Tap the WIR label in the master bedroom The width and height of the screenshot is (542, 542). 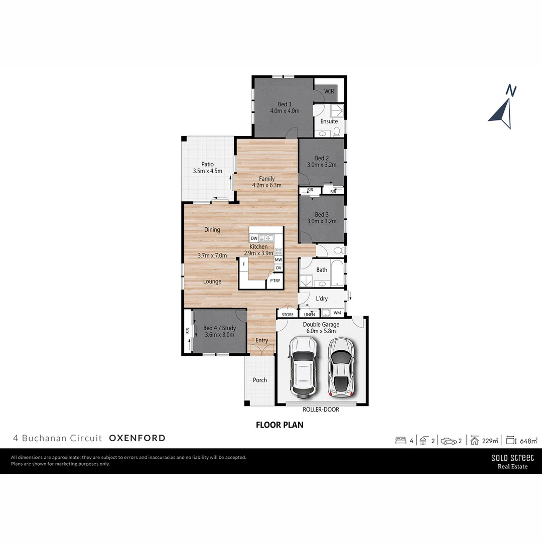329,91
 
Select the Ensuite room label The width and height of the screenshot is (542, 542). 329,121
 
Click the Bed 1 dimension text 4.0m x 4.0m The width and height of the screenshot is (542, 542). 285,111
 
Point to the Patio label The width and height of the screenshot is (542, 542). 207,164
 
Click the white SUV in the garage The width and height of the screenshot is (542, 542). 303,366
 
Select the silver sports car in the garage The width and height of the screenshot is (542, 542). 340,366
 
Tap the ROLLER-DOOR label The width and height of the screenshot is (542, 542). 321,410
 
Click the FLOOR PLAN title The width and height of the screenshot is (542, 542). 280,425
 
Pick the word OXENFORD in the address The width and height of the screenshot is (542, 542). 137,438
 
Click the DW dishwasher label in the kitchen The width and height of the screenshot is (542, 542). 254,238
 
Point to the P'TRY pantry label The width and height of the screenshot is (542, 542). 275,281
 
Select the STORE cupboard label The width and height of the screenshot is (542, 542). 288,315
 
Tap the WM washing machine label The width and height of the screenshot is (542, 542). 337,313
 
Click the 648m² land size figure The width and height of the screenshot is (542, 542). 528,441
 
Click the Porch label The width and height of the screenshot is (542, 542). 260,380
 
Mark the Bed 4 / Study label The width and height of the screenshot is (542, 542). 219,328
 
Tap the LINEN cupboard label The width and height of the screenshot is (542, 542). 310,315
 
